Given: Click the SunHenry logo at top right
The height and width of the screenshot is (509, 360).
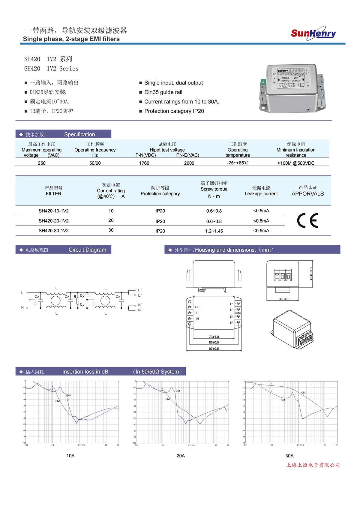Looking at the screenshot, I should click(313, 33).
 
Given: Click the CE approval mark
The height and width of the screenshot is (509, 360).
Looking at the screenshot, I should click(307, 221).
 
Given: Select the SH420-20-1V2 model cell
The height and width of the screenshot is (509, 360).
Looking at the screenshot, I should click(53, 221).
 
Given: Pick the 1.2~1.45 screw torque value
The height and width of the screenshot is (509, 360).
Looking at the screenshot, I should click(214, 231).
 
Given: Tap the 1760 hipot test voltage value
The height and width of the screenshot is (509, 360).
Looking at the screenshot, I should click(144, 163).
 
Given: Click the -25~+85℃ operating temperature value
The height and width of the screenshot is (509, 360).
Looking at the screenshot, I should click(237, 163).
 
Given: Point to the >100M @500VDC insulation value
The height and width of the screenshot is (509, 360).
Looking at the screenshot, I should click(296, 163).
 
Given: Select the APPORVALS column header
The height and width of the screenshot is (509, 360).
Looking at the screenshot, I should click(307, 194).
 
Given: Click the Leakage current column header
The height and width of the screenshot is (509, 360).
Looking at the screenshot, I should click(261, 194).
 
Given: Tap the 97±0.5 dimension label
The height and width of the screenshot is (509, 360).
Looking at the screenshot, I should click(214, 349).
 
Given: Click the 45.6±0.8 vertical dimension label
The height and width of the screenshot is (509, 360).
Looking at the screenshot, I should click(311, 274).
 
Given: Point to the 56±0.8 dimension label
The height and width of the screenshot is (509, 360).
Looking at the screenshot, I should click(283, 299).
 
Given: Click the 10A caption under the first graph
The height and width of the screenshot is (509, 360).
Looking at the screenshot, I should click(70, 456).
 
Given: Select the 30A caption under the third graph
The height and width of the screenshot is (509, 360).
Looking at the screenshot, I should click(289, 456).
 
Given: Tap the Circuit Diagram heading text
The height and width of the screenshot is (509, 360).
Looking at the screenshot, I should click(87, 250).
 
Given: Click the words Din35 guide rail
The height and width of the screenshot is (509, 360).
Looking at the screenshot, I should click(163, 92).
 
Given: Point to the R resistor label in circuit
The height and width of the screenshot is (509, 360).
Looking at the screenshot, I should click(75, 297).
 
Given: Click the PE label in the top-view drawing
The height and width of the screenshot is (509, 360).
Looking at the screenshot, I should click(197, 307).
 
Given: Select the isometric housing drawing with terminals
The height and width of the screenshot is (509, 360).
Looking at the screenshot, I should click(292, 329).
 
